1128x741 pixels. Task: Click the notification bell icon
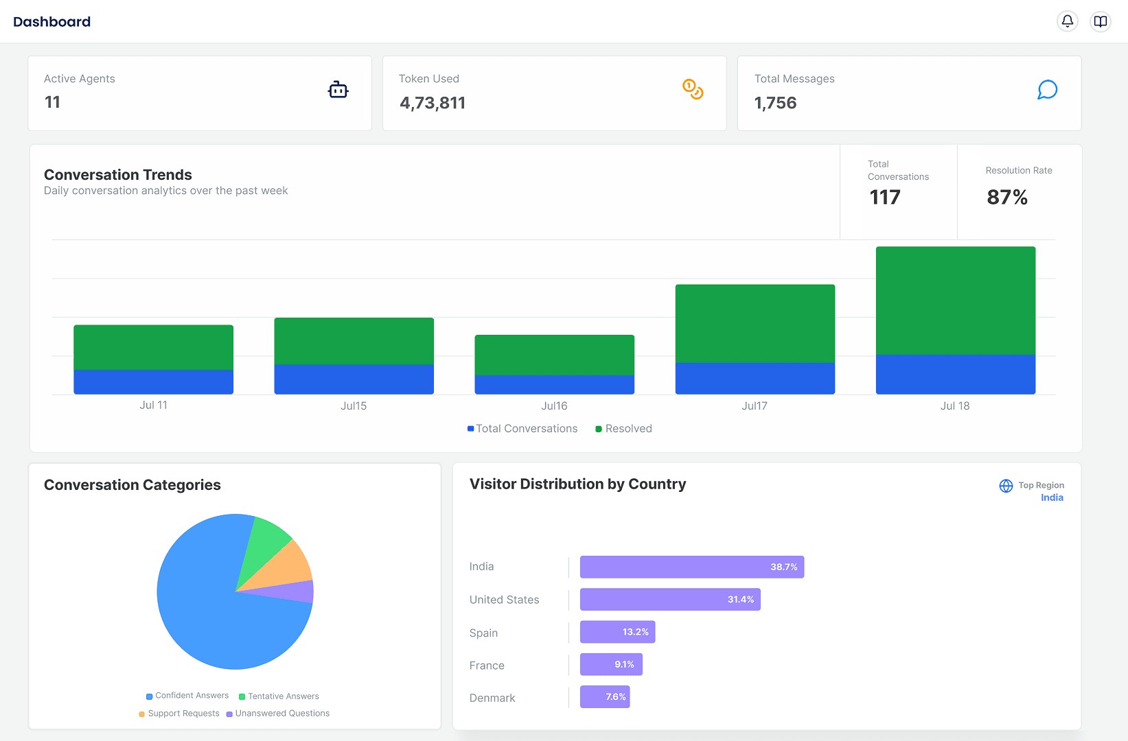[x=1067, y=21]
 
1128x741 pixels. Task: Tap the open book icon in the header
[x=1100, y=21]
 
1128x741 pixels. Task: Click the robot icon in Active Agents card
[x=338, y=90]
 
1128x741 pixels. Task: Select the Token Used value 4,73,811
[x=433, y=103]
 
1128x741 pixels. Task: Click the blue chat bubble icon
[x=1047, y=90]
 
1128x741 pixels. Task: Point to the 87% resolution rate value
[x=1006, y=198]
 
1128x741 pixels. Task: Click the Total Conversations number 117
[x=884, y=198]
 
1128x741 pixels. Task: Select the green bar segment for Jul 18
[x=955, y=301]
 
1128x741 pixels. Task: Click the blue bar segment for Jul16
[x=554, y=384]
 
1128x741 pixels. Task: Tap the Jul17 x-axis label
[x=754, y=406]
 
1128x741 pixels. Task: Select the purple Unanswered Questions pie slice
[x=295, y=591]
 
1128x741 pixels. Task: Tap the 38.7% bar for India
[x=691, y=567]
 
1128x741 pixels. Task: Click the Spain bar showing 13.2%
[x=617, y=632]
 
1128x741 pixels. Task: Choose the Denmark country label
[x=492, y=698]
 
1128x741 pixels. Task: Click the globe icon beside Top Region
[x=1006, y=486]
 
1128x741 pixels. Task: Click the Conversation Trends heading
[x=118, y=175]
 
